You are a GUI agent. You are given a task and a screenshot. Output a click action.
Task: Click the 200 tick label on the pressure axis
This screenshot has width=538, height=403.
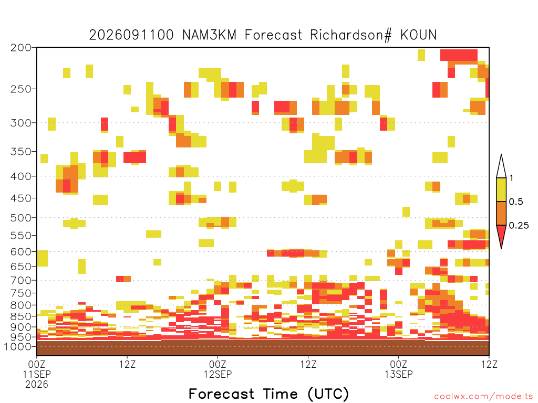pyautogui.click(x=21, y=48)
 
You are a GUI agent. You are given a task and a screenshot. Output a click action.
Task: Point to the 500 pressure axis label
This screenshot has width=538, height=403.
pyautogui.click(x=21, y=218)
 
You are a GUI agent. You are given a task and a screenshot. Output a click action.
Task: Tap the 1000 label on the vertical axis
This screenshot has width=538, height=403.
pyautogui.click(x=18, y=347)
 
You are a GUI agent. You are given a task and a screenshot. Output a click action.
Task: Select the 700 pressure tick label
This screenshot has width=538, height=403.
pyautogui.click(x=21, y=280)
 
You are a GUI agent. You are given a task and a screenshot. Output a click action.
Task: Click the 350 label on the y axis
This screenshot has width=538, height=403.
pyautogui.click(x=21, y=152)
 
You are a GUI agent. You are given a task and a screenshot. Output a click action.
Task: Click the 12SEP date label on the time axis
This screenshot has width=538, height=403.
pyautogui.click(x=218, y=374)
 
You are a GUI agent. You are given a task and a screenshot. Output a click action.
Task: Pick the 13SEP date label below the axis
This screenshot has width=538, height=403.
pyautogui.click(x=399, y=374)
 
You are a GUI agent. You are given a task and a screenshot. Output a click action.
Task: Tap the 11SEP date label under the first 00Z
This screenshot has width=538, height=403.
pyautogui.click(x=37, y=374)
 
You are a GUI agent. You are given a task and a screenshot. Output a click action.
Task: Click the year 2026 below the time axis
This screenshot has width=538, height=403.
pyautogui.click(x=37, y=385)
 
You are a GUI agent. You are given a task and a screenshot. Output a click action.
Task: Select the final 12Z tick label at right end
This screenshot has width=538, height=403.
pyautogui.click(x=489, y=364)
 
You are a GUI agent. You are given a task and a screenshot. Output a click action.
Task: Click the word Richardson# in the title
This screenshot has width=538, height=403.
pyautogui.click(x=350, y=35)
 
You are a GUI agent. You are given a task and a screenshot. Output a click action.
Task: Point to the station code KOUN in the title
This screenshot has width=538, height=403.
pyautogui.click(x=419, y=35)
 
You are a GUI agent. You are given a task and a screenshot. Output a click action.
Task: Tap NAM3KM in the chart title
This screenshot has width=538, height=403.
pyautogui.click(x=209, y=35)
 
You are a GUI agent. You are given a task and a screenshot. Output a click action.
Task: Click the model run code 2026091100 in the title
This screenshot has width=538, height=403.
pyautogui.click(x=131, y=35)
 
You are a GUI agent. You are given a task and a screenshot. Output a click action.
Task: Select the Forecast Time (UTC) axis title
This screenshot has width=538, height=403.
pyautogui.click(x=268, y=394)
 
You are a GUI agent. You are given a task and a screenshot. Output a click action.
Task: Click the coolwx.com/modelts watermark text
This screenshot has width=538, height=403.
pyautogui.click(x=483, y=397)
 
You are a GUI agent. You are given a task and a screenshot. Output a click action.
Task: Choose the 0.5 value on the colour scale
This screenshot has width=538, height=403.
pyautogui.click(x=516, y=202)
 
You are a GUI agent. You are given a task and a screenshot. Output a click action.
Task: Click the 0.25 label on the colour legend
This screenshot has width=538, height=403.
pyautogui.click(x=519, y=226)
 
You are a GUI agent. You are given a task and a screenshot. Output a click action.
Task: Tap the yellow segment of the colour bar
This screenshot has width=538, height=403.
pyautogui.click(x=501, y=189)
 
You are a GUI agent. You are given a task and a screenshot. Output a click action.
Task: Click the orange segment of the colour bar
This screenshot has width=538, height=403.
pyautogui.click(x=501, y=213)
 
